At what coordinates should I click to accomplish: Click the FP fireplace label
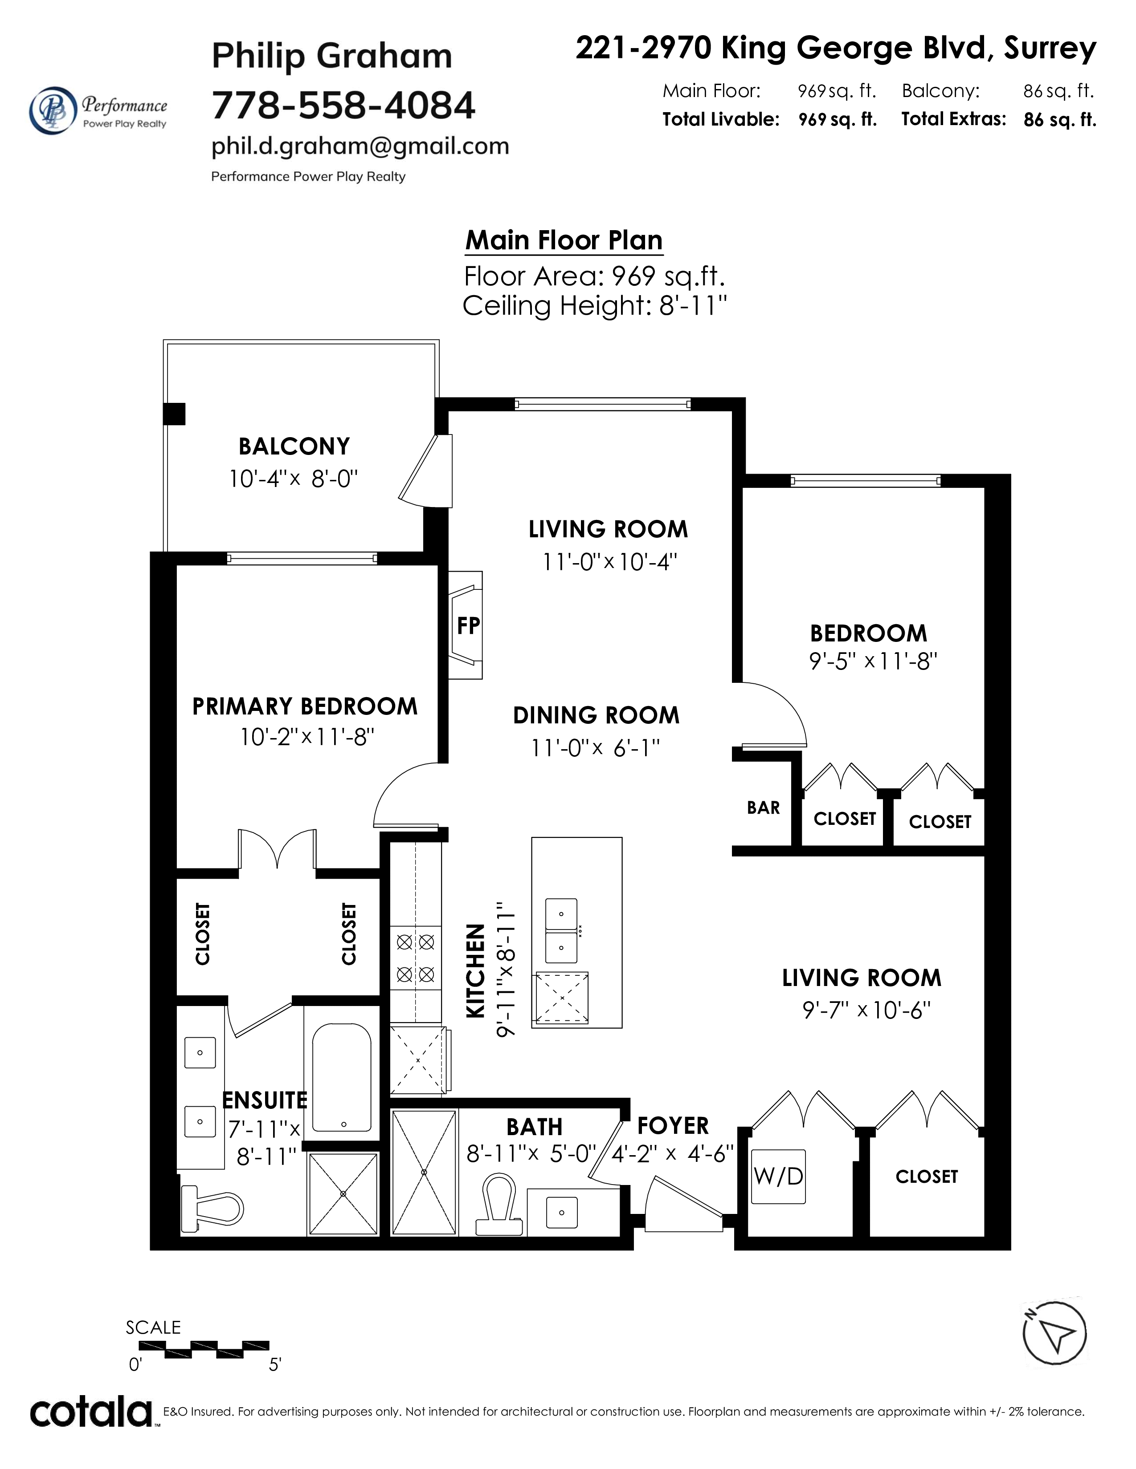coord(468,625)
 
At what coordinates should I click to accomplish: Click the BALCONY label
coord(294,446)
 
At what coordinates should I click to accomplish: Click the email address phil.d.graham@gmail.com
coord(360,146)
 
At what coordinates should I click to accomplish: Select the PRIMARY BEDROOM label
coord(305,706)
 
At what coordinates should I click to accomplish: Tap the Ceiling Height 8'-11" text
coord(595,306)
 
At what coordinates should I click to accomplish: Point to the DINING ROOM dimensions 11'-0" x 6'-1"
coord(596,747)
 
